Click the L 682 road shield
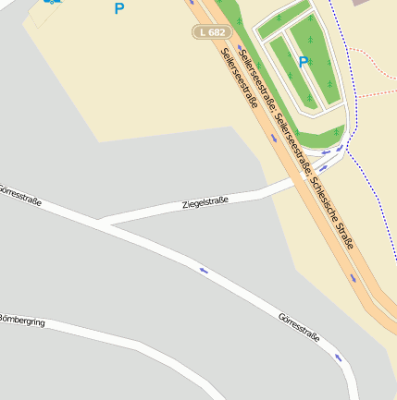[x=210, y=32]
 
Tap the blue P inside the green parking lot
[x=303, y=63]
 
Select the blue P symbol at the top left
[x=118, y=9]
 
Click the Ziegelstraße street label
[x=205, y=201]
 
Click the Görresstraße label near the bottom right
[x=298, y=328]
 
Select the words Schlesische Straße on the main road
[x=334, y=210]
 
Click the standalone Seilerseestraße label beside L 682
[x=240, y=79]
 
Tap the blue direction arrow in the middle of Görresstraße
[x=204, y=271]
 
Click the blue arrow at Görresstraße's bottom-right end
[x=339, y=357]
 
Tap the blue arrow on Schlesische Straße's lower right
[x=353, y=276]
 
